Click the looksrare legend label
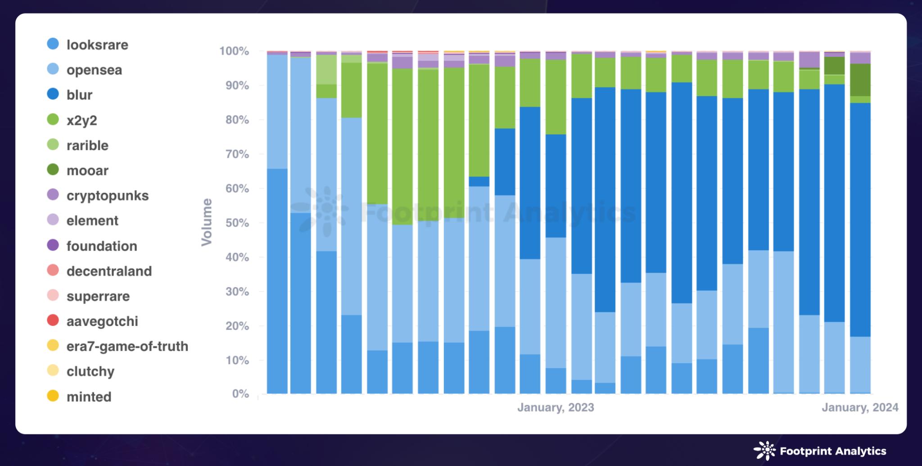(97, 45)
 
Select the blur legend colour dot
(53, 94)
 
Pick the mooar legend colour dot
(53, 170)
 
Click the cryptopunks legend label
(107, 196)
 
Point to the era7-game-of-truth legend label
(127, 346)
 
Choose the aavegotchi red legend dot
(53, 320)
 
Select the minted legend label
(89, 397)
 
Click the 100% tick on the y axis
(234, 51)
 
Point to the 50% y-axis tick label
(237, 223)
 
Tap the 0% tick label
(240, 394)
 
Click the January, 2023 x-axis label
(556, 407)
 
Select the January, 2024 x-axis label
(860, 407)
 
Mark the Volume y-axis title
(207, 222)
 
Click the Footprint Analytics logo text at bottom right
(833, 451)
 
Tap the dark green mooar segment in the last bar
(860, 80)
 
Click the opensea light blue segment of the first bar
(277, 112)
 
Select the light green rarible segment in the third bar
(326, 70)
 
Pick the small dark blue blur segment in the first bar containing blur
(479, 181)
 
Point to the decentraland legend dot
(53, 270)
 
